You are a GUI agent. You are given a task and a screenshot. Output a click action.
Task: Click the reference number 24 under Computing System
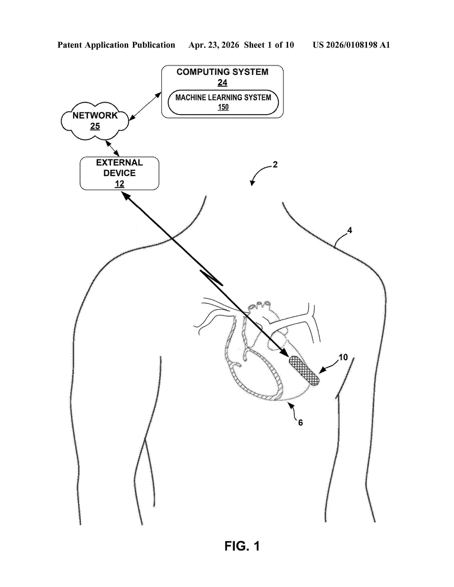coord(222,83)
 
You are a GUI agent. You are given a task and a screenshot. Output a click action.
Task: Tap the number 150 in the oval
coord(223,107)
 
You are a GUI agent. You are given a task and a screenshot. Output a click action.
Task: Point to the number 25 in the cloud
coord(95,126)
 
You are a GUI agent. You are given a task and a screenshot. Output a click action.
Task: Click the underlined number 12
coord(119,184)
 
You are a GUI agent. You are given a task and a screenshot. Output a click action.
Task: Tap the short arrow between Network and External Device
coord(112,148)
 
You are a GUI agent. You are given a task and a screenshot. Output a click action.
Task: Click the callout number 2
coord(275,165)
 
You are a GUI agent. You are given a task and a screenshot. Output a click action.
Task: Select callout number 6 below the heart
coord(300,422)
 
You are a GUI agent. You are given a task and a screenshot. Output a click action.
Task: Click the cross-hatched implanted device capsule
coord(304,371)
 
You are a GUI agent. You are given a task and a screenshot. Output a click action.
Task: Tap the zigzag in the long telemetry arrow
coord(211,278)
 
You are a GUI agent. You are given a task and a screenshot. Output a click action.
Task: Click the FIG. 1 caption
coord(242,546)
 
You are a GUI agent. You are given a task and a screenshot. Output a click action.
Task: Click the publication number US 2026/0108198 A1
coord(351,45)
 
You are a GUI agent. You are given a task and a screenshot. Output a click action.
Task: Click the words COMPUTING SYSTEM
coord(222,72)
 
